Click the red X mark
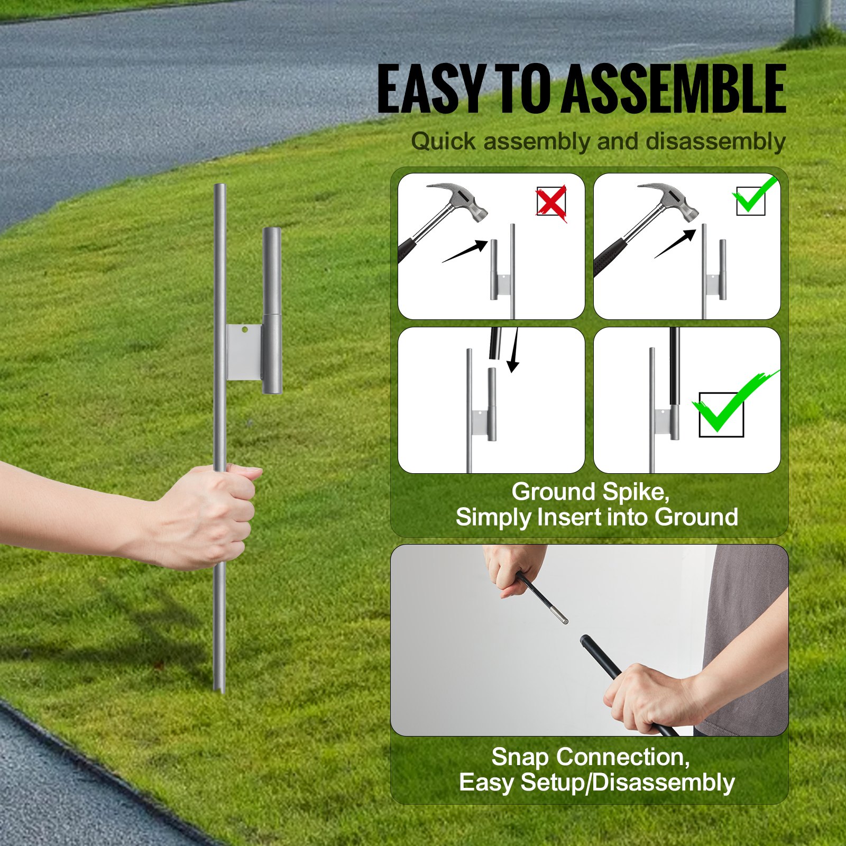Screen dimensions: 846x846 [x=551, y=202]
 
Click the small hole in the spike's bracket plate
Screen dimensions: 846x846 [x=244, y=329]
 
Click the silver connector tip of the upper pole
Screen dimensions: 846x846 [x=560, y=616]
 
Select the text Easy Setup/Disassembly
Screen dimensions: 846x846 [x=596, y=782]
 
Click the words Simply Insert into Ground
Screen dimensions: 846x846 [x=596, y=517]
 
